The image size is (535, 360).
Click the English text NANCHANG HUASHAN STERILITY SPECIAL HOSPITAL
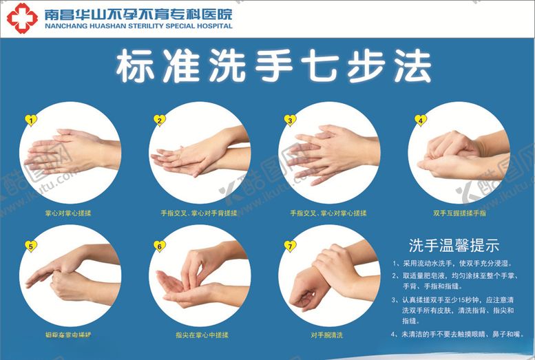(138, 26)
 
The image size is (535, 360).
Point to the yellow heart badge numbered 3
(290, 120)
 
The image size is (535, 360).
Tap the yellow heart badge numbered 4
(420, 120)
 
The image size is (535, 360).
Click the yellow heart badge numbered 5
(30, 246)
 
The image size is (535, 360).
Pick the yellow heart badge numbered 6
(159, 246)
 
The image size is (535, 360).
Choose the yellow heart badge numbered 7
(290, 246)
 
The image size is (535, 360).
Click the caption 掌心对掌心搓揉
(67, 213)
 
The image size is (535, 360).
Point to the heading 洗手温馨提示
(453, 246)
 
